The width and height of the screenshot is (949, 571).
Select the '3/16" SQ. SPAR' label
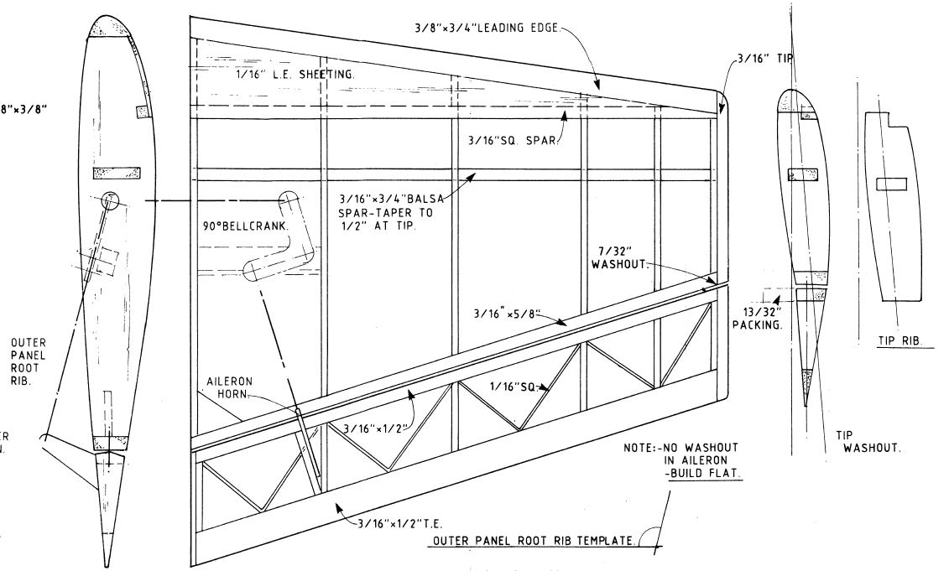click(513, 140)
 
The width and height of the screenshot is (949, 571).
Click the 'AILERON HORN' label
click(229, 387)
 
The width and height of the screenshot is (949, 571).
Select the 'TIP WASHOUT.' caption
click(871, 442)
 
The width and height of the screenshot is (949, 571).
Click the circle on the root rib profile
click(111, 200)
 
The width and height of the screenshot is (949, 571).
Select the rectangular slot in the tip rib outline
click(890, 184)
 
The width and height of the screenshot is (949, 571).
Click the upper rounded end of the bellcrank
click(288, 203)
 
